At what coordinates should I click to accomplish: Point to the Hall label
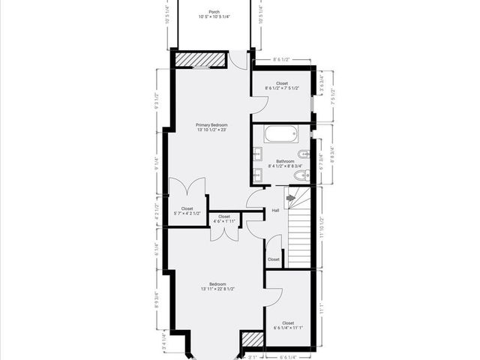(x=275, y=211)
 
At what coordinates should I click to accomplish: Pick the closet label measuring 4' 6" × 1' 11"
(x=224, y=218)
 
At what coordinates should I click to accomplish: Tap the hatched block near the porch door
(x=201, y=59)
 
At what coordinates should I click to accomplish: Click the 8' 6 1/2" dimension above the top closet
(x=281, y=58)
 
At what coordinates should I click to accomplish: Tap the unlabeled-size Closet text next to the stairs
(x=274, y=259)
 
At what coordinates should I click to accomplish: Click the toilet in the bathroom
(x=300, y=176)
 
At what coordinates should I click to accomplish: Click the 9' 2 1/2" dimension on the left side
(x=157, y=101)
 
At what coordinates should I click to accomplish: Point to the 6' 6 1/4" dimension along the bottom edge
(x=288, y=357)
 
